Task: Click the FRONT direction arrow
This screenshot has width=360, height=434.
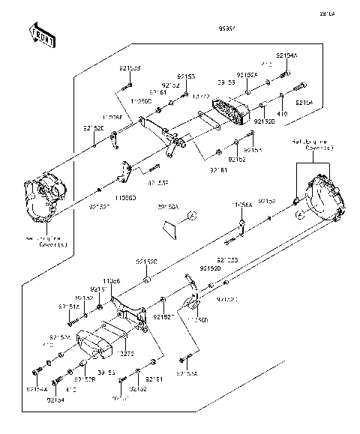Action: tap(42, 36)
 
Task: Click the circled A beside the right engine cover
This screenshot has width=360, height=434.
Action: tap(300, 214)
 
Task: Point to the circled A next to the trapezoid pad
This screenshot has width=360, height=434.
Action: tap(191, 217)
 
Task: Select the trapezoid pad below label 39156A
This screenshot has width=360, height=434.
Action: tap(166, 228)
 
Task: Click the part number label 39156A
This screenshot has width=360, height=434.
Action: tap(168, 206)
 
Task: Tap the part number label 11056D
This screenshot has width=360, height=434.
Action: tap(124, 198)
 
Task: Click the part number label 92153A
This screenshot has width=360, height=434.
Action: tap(187, 373)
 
